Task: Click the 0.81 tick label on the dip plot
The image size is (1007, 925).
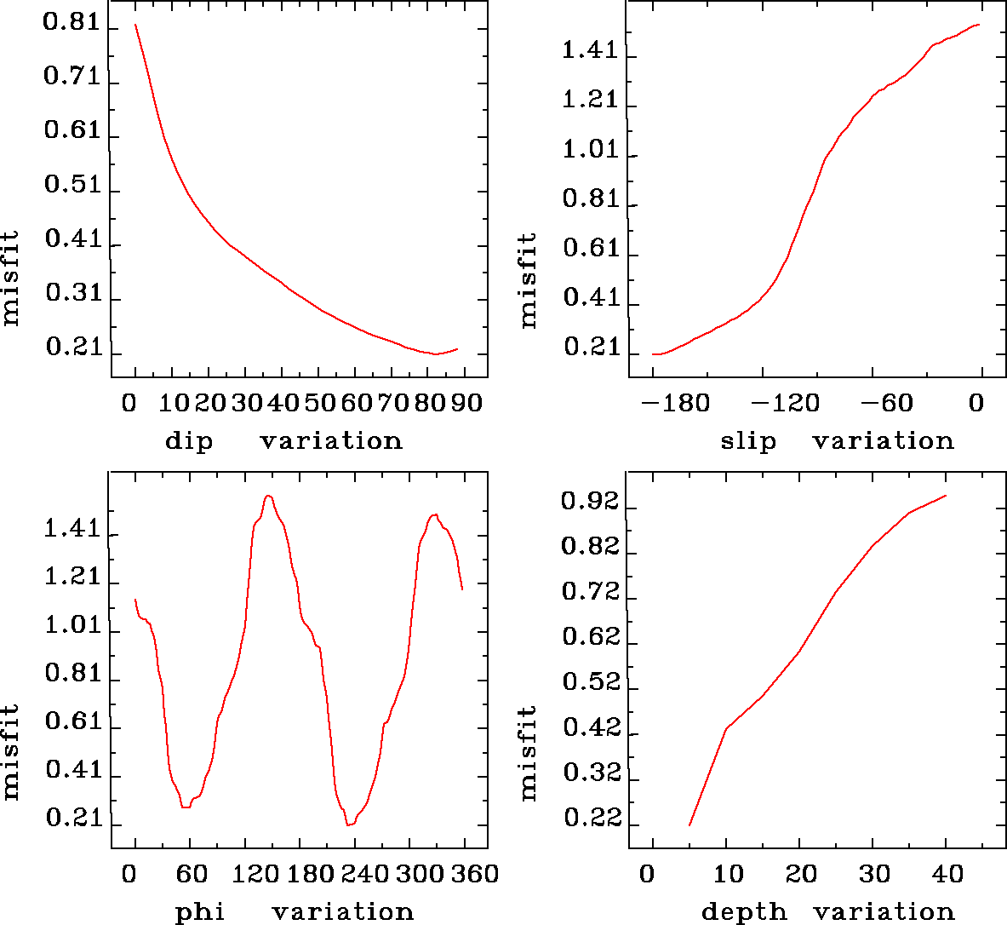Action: (72, 23)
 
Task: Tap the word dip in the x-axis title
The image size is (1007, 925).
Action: (189, 441)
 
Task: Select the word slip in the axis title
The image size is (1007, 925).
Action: (748, 441)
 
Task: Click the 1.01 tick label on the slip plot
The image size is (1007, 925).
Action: (590, 151)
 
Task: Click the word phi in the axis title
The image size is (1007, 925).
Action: (200, 912)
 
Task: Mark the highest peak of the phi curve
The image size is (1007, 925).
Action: (268, 496)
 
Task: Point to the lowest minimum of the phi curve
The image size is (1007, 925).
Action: (349, 824)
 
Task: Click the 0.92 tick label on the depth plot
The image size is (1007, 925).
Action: (588, 503)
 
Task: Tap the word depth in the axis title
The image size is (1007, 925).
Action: (744, 912)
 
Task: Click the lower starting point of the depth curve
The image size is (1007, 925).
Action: (689, 824)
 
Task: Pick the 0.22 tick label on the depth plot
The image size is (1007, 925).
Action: (590, 819)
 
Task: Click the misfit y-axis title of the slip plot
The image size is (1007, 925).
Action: (529, 281)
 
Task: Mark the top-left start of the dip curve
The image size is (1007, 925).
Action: (134, 25)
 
